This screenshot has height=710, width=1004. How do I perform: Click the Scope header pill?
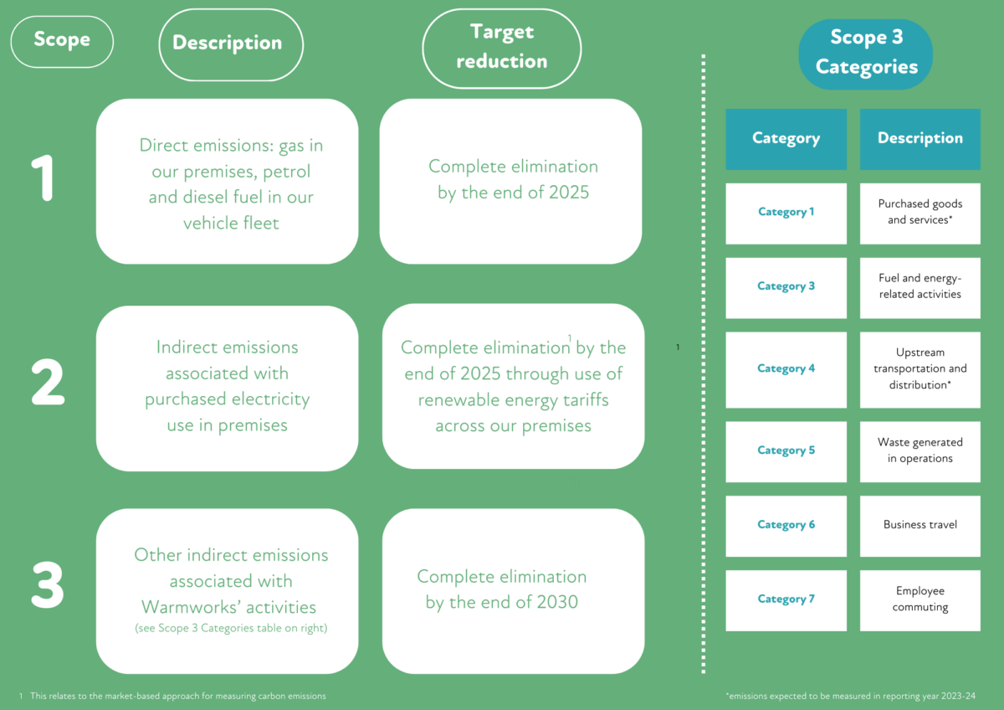pos(61,41)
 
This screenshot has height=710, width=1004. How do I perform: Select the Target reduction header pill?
pos(501,47)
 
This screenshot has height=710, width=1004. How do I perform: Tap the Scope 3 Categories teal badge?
pos(866,54)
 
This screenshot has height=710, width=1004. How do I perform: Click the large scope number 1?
pos(41,177)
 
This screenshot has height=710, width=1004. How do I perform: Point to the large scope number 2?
pos(48,383)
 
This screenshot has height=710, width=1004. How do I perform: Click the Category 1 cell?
pos(786,213)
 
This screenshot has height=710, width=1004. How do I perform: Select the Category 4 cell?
pos(786,369)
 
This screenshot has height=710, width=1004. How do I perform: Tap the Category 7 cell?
pos(786,599)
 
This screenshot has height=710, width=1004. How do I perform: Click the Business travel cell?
pos(919,526)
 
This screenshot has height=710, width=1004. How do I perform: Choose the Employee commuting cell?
pos(919,599)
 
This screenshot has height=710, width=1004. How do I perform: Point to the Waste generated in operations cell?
pos(919,451)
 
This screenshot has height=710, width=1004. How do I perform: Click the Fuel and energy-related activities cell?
pos(919,287)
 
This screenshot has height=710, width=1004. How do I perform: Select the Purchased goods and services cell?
pos(919,213)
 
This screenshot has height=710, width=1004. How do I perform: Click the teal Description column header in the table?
pos(919,139)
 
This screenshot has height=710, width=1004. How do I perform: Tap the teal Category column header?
pos(786,139)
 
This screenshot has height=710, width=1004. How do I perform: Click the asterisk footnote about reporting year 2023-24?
pos(850,696)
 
